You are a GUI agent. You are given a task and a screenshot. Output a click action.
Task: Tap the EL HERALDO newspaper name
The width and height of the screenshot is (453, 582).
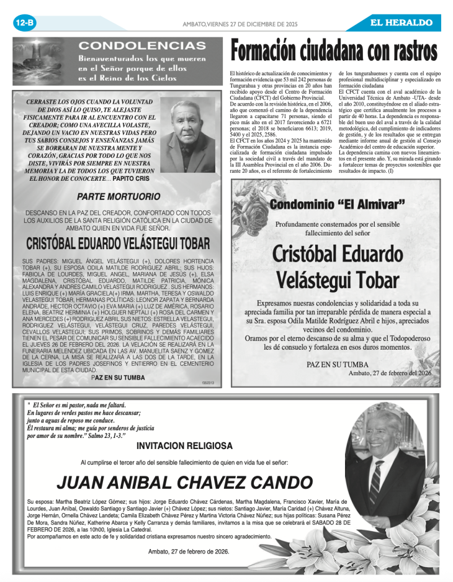coord(401,23)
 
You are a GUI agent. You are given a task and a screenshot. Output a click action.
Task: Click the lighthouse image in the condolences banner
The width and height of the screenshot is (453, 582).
coord(41,61)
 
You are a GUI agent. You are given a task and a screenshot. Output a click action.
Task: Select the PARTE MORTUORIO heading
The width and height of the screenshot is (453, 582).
coord(118,197)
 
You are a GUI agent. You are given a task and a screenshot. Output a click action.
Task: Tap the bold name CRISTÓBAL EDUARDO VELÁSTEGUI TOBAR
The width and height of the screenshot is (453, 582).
coord(118,243)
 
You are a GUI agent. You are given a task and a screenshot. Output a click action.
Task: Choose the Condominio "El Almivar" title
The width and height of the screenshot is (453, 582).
coord(338,204)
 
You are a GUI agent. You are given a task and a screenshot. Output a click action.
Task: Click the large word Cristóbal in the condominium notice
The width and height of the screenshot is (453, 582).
coord(337,254)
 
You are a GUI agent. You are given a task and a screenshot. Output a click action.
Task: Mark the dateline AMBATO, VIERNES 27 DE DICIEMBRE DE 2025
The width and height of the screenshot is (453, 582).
coord(240,24)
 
